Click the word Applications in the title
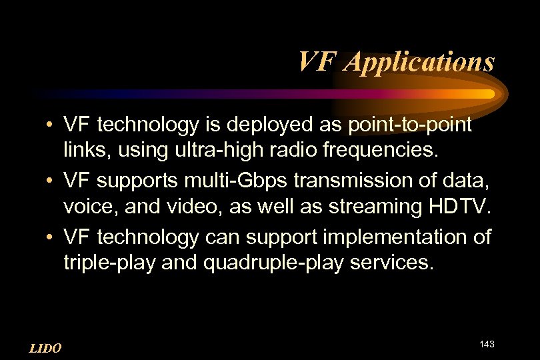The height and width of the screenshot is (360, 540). click(422, 61)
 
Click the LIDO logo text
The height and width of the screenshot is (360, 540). click(46, 348)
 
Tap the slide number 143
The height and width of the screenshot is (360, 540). click(487, 344)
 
